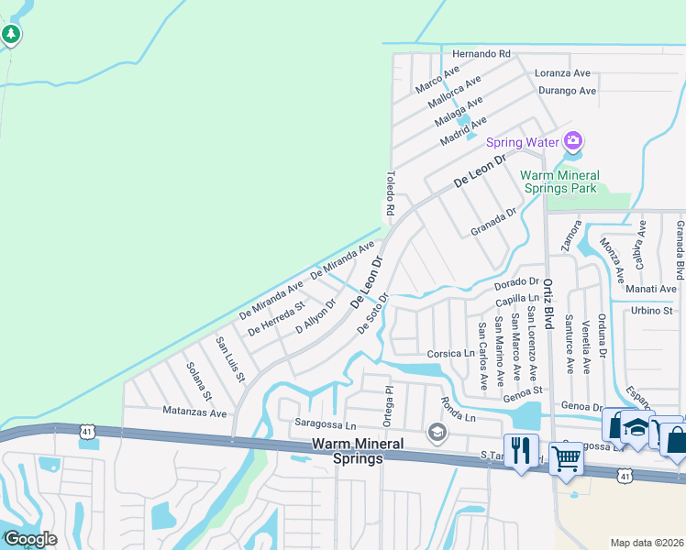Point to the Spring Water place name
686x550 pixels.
(x=522, y=142)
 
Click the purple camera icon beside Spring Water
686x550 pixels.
(x=573, y=141)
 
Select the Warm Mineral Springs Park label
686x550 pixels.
(x=559, y=181)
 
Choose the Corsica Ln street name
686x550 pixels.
(x=450, y=353)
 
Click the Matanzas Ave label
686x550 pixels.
(x=194, y=413)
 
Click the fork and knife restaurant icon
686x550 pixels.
(x=521, y=450)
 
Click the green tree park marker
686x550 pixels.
(x=11, y=35)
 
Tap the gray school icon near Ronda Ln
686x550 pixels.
(x=437, y=432)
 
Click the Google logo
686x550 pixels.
(x=30, y=539)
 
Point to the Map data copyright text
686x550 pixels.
(x=647, y=543)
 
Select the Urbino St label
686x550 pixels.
(x=652, y=311)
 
